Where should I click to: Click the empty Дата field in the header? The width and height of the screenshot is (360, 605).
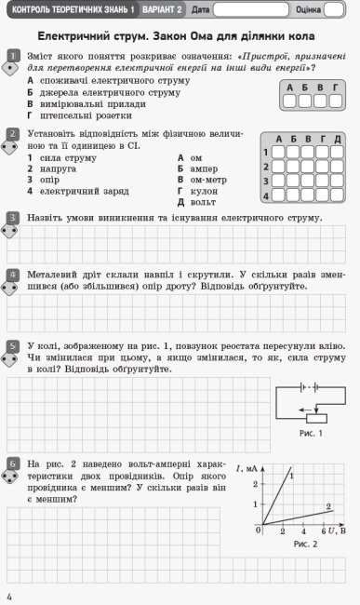(249, 9)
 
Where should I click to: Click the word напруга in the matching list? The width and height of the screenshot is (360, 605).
(59, 168)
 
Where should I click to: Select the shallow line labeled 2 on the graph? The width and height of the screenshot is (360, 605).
(298, 518)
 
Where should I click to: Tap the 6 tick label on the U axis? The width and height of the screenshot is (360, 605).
(323, 532)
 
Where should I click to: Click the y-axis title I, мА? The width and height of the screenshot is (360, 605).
(247, 467)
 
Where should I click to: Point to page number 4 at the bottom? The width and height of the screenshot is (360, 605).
(8, 595)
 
